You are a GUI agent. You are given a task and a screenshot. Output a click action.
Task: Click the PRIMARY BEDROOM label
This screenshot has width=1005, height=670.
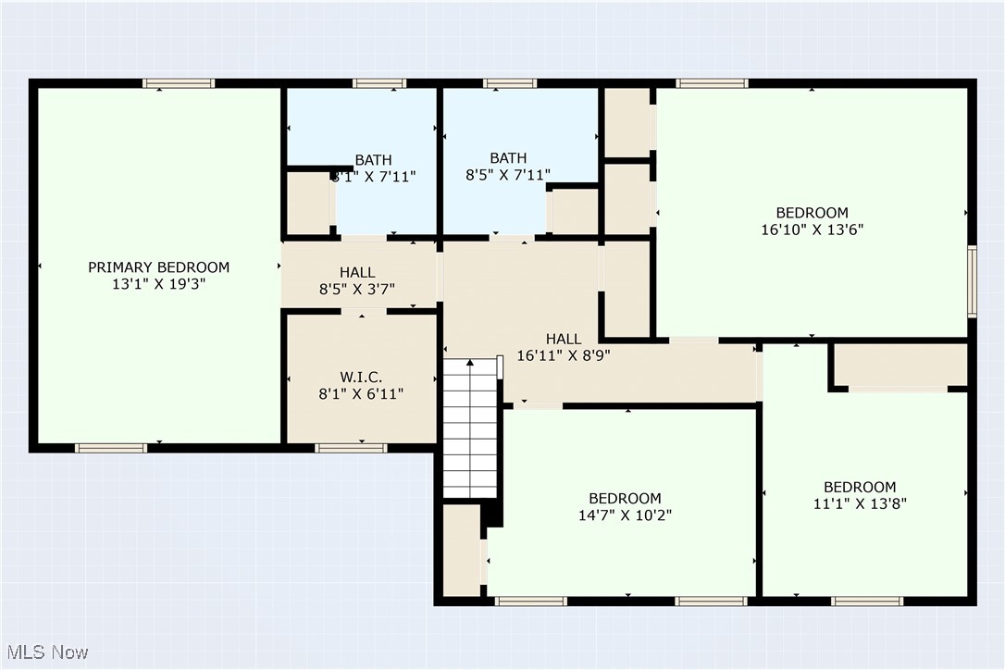point(158,267)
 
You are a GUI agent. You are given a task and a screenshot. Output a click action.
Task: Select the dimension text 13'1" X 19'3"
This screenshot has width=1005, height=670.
point(158,284)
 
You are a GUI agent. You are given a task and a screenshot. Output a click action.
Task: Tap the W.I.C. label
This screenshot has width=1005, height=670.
point(361,377)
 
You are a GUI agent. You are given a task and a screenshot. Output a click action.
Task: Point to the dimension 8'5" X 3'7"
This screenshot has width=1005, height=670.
point(357,289)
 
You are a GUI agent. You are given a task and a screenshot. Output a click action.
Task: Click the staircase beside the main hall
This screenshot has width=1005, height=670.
point(470,428)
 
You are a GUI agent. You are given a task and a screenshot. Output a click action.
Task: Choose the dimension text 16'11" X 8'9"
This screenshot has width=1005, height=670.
point(564,354)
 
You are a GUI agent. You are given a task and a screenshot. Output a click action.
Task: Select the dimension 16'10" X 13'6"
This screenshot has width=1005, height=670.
point(812,230)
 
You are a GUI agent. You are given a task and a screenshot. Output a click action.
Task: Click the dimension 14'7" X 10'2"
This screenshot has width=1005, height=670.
point(626,515)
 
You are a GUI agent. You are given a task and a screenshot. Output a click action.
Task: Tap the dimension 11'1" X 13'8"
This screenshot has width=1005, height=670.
point(860,504)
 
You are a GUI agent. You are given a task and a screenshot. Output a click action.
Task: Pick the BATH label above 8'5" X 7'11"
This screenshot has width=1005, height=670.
point(508,157)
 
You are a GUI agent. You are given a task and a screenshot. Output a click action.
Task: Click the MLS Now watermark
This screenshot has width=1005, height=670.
point(45,652)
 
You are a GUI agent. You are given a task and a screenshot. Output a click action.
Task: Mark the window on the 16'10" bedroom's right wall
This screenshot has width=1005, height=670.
point(972,281)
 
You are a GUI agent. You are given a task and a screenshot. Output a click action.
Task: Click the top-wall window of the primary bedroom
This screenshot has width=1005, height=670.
point(179,83)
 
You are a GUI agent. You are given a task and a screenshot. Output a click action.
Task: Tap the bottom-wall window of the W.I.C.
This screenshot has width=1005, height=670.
point(351,448)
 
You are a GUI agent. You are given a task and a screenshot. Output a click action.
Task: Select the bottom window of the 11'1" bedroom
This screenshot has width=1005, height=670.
point(867,601)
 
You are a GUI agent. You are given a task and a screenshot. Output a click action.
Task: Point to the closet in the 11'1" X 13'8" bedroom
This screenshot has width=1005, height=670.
point(900,366)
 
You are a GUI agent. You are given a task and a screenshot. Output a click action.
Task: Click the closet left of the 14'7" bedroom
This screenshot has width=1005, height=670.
point(461,551)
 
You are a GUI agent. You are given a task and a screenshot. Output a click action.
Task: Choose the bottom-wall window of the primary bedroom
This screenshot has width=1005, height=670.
point(111,448)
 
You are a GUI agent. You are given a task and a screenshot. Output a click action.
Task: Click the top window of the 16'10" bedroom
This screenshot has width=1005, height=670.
point(712,83)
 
